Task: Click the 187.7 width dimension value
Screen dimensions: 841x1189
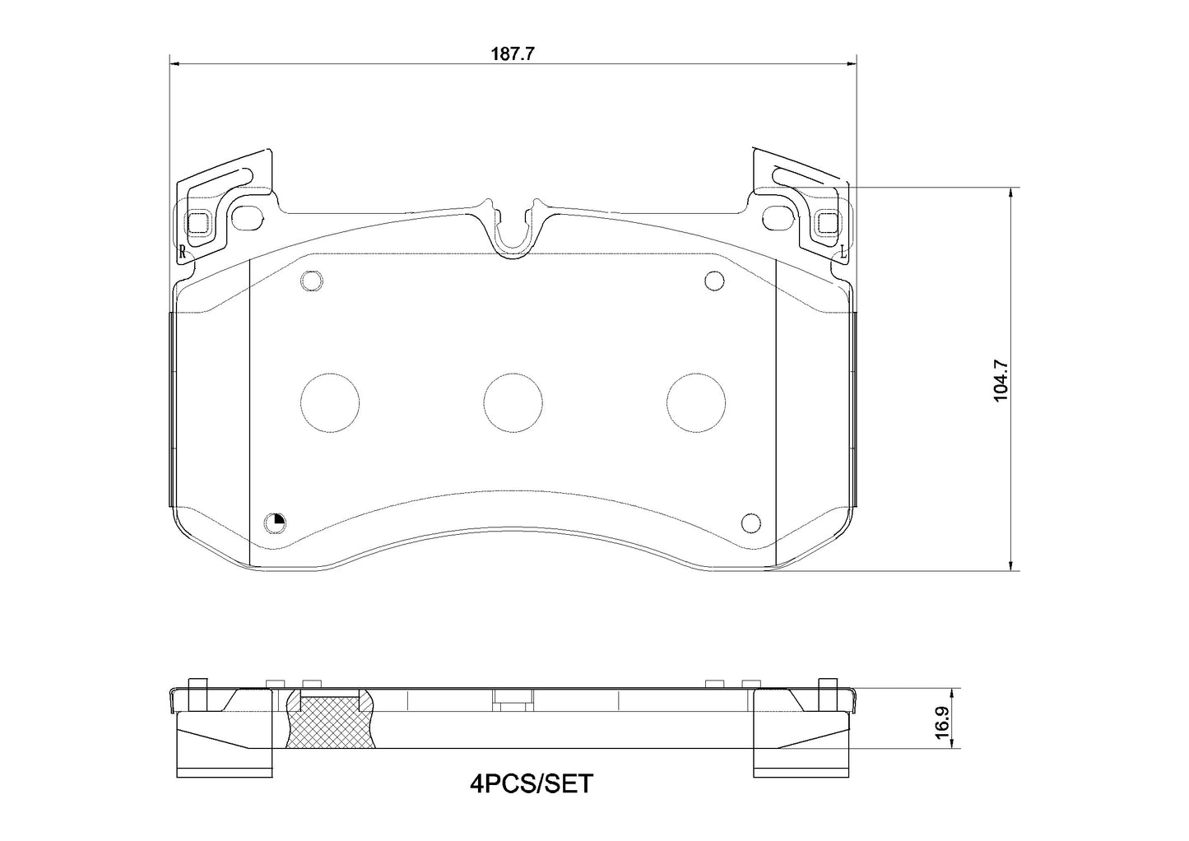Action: tap(513, 53)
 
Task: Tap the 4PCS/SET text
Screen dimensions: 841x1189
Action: tap(531, 783)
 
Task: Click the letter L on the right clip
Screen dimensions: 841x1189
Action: tap(843, 251)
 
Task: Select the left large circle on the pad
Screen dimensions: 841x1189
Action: tap(331, 402)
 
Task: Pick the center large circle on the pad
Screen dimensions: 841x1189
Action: tap(513, 402)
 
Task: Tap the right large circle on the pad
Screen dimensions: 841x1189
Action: tap(695, 402)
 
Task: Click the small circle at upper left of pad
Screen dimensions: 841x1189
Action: tap(311, 281)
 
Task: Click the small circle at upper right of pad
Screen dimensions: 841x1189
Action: tap(714, 281)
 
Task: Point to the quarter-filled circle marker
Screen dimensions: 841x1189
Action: tap(275, 522)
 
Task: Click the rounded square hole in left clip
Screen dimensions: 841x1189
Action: tap(199, 222)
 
